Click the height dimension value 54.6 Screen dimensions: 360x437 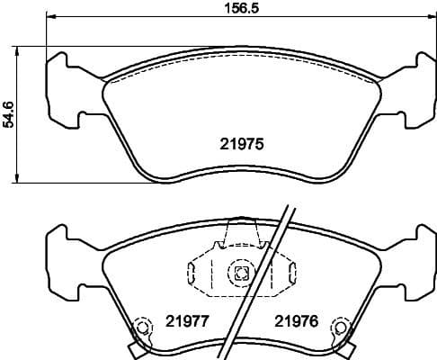pyautogui.click(x=9, y=114)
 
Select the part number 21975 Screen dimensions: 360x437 pyautogui.click(x=240, y=141)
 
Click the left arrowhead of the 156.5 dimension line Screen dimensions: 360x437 pyautogui.click(x=49, y=18)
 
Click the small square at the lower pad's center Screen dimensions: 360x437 pyautogui.click(x=240, y=274)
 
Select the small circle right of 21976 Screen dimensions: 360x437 pyautogui.click(x=340, y=329)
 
